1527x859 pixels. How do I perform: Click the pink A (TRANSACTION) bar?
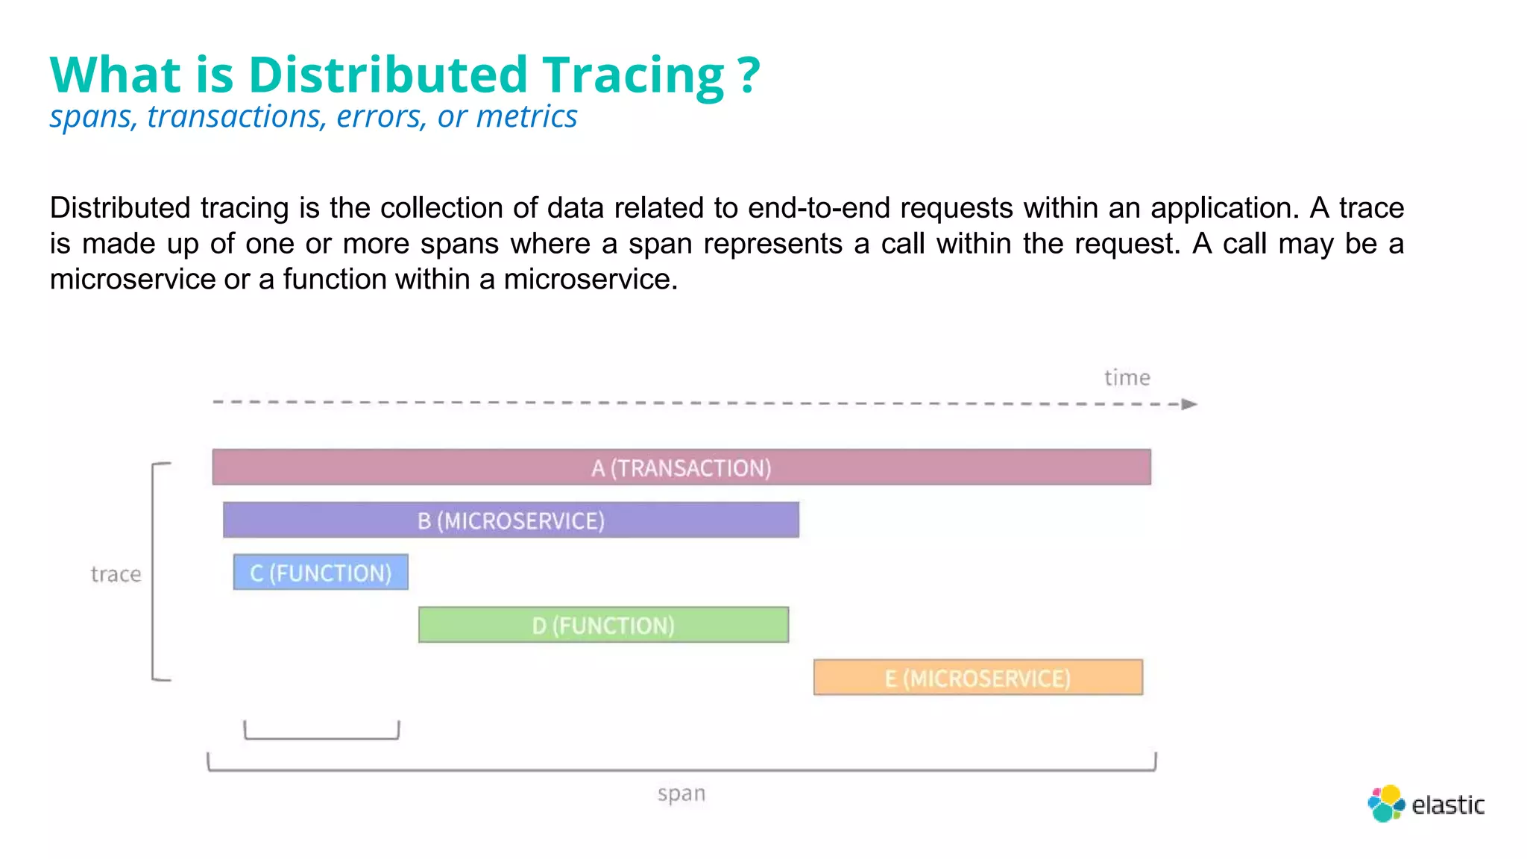681,468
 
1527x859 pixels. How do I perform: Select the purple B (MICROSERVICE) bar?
511,520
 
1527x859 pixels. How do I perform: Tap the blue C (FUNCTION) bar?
321,573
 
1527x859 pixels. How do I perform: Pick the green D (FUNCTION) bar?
603,625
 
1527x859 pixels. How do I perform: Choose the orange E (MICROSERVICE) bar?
977,678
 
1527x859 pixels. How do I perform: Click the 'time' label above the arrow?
1127,378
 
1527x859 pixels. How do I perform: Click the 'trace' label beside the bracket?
116,574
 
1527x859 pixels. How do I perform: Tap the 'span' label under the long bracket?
681,793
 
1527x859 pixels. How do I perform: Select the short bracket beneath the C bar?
321,737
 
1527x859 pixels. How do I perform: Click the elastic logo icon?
1386,804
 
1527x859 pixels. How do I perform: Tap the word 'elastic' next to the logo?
1447,805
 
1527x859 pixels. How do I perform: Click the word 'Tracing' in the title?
633,76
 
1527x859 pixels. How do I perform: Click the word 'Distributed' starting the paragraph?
120,208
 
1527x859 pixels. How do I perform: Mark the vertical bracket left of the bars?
154,572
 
